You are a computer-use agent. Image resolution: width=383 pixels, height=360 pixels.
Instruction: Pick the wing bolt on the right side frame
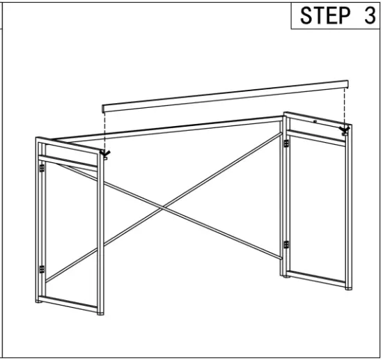[x=344, y=130]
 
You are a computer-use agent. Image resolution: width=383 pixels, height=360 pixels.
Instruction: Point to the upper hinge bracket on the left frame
[x=42, y=168]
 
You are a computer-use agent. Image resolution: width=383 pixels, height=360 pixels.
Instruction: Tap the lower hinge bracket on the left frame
[x=42, y=269]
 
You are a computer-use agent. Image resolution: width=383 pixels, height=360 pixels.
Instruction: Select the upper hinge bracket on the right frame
[x=286, y=143]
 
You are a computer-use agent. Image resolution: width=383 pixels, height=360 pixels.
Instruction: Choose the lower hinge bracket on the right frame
[x=286, y=244]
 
